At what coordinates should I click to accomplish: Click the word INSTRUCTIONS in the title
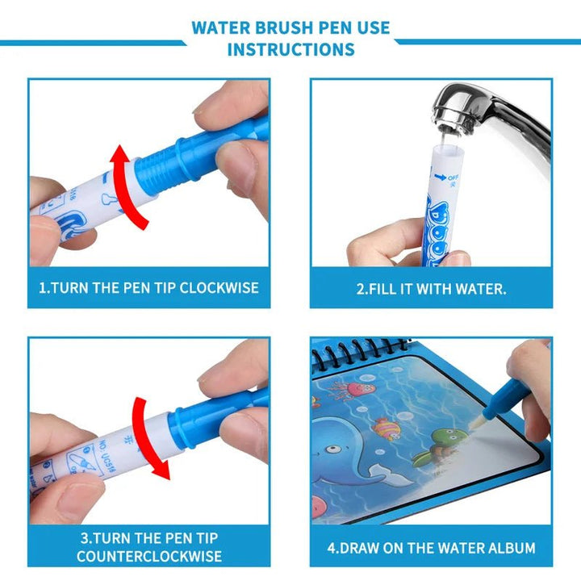coord(290,49)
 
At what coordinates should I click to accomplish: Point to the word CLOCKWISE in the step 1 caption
coord(219,288)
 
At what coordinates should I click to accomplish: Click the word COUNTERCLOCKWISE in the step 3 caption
coord(149,557)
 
